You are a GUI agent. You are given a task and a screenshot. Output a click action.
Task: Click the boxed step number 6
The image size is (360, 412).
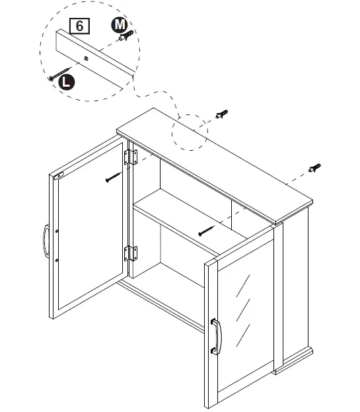tap(79, 26)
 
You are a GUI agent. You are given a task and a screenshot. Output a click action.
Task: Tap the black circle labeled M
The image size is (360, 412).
tap(118, 24)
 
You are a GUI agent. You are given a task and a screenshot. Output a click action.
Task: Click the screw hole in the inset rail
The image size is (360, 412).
tap(88, 58)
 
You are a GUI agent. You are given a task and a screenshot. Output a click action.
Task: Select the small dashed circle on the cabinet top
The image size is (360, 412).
tap(190, 134)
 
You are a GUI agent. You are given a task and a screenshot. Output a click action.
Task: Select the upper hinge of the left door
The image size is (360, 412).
tap(130, 156)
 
